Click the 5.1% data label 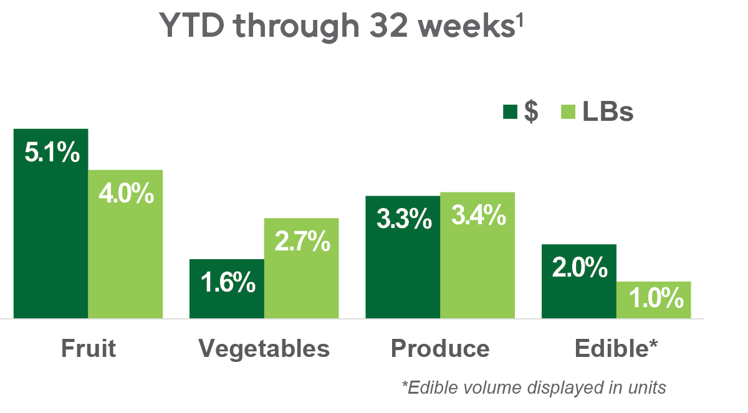coord(52,153)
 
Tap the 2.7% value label coord(302,242)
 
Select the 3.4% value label coord(477,216)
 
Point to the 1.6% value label coord(228,283)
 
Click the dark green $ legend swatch coord(510,112)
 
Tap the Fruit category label coord(89,348)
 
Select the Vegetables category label coord(264,348)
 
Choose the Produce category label coord(440,348)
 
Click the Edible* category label coord(616,348)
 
